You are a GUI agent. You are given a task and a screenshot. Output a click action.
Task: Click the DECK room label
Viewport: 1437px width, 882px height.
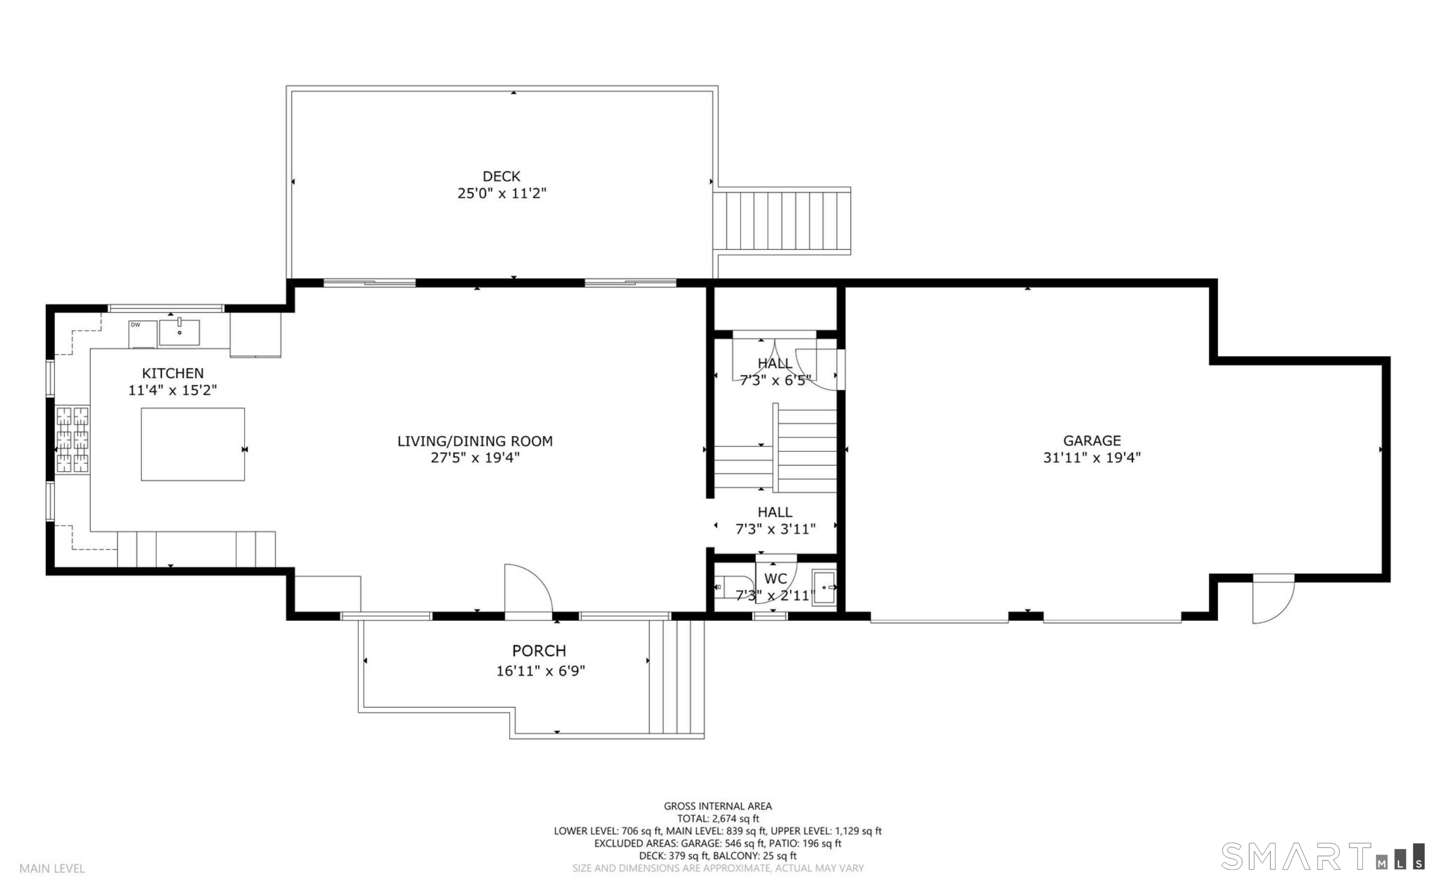[x=501, y=176]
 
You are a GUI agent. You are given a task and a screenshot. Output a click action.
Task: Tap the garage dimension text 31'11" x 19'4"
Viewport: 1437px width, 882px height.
[x=1091, y=457]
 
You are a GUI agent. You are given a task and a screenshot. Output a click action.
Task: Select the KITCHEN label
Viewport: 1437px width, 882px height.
[x=173, y=373]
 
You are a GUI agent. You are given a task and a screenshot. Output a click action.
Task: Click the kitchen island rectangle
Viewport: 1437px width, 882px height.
[x=193, y=444]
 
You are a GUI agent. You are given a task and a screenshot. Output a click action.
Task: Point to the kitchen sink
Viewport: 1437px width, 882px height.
[x=179, y=332]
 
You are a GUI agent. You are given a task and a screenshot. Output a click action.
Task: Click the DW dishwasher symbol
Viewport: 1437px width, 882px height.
[x=143, y=334]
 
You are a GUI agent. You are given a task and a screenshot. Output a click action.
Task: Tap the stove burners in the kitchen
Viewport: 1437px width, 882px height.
[x=73, y=440]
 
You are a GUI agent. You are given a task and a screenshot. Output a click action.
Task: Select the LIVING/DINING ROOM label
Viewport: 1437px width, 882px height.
[x=475, y=441]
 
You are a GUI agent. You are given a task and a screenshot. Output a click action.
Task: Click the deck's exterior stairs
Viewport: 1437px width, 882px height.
[x=782, y=221]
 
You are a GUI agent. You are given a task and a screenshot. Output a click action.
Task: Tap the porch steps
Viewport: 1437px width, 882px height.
[x=676, y=676]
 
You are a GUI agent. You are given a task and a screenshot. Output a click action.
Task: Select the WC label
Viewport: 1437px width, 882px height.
[x=776, y=579]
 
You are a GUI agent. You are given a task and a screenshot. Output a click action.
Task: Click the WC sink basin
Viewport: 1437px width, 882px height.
[x=824, y=588]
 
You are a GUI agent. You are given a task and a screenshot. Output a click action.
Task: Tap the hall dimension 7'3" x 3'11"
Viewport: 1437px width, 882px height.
[x=775, y=529]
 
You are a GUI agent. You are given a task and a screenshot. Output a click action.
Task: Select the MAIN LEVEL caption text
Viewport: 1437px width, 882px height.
[x=52, y=868]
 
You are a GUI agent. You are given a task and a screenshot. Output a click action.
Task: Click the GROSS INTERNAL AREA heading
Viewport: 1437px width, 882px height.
[x=718, y=806]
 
